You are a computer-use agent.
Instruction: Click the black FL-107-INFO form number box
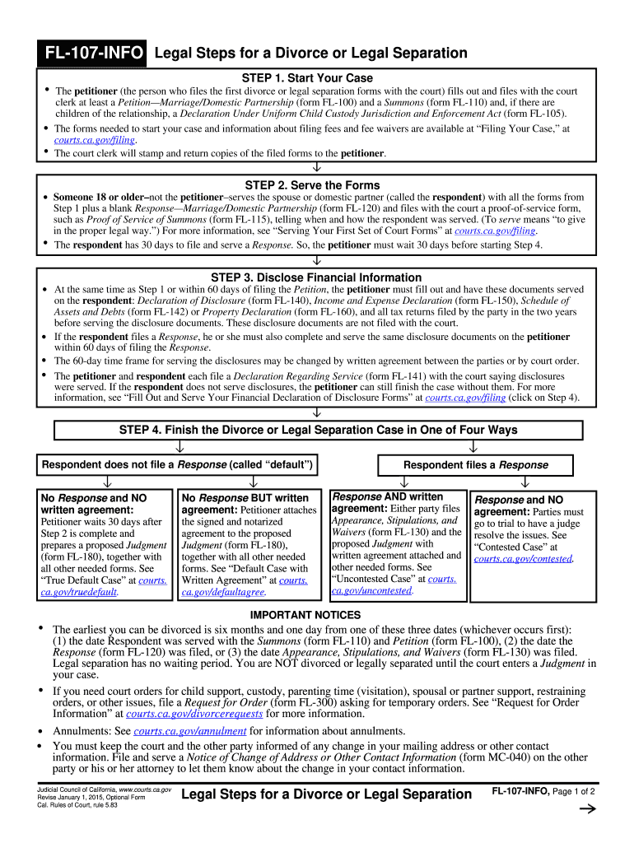[x=95, y=54]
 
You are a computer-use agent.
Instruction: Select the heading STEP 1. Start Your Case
[x=307, y=78]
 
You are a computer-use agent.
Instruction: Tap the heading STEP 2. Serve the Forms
[x=312, y=184]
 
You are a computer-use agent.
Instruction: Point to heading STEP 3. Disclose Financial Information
[x=316, y=277]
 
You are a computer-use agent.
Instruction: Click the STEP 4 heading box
[x=318, y=430]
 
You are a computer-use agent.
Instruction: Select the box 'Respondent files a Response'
[x=475, y=465]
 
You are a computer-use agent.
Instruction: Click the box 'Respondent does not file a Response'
[x=177, y=465]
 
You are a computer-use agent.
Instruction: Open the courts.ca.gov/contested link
[x=524, y=559]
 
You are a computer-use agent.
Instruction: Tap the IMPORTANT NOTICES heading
[x=305, y=615]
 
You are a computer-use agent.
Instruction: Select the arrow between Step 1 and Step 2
[x=316, y=170]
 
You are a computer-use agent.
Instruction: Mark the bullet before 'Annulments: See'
[x=41, y=731]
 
